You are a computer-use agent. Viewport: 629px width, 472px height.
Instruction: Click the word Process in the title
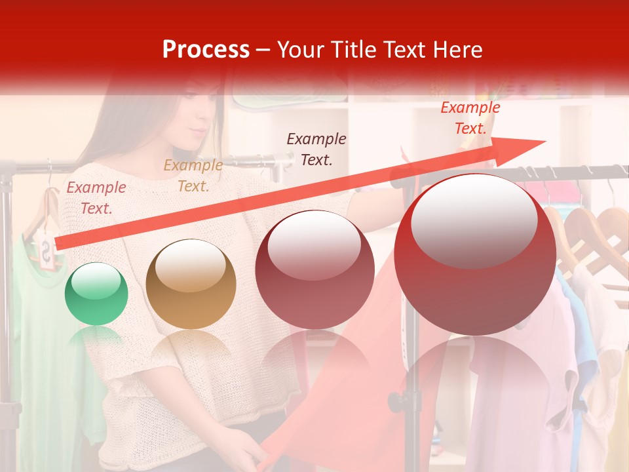click(206, 49)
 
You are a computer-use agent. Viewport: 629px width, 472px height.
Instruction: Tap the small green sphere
click(96, 294)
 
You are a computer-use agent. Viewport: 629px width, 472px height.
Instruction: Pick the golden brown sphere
click(191, 284)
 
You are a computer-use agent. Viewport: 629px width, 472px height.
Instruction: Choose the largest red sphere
click(475, 254)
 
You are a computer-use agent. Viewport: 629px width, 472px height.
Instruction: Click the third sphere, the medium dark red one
click(314, 269)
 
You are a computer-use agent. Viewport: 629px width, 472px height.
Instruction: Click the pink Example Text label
click(96, 198)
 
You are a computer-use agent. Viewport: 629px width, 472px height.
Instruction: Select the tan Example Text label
click(193, 176)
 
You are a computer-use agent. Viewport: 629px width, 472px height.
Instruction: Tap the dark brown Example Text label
click(316, 149)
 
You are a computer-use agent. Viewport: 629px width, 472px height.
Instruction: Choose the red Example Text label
click(470, 118)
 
